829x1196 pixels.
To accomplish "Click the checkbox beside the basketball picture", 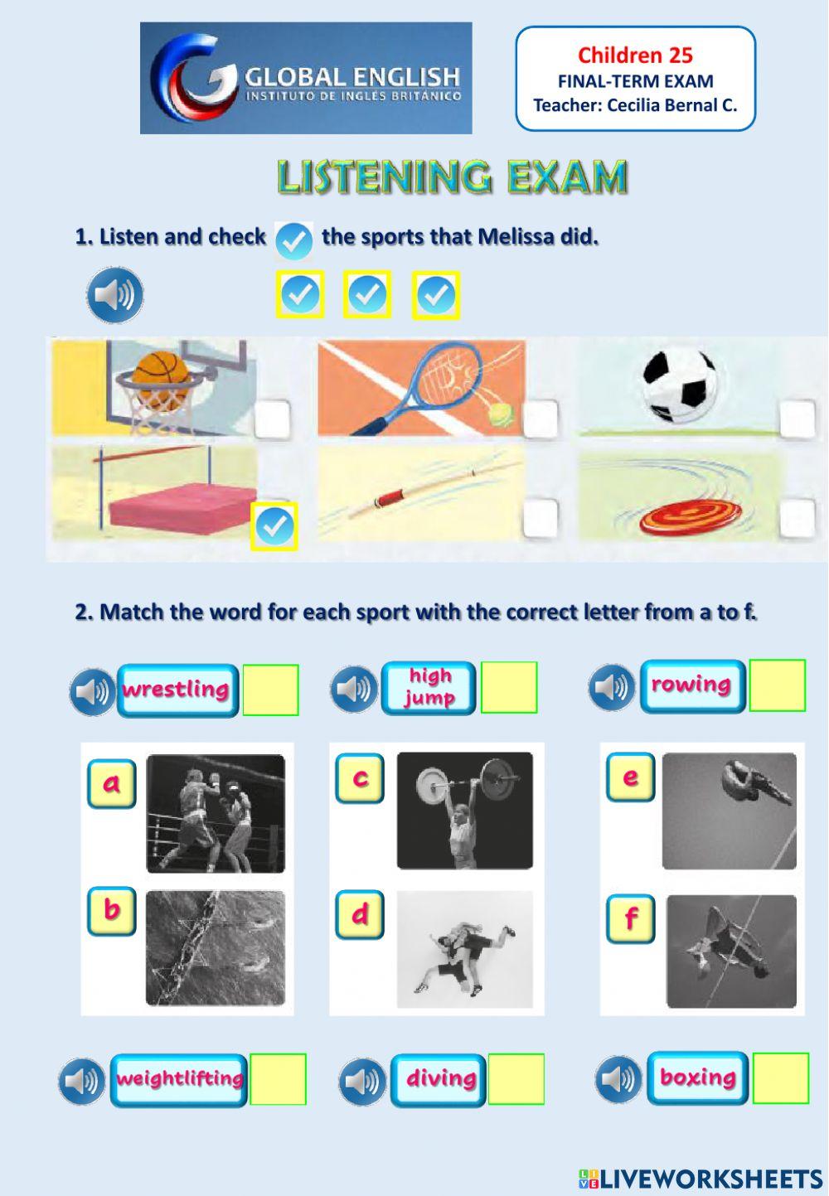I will [273, 419].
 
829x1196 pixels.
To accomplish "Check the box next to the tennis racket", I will [541, 419].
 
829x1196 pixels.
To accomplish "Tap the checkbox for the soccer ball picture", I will [797, 419].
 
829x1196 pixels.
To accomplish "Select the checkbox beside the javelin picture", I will [541, 519].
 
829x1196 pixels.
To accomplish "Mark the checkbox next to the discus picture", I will [797, 519].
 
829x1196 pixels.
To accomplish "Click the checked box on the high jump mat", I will [274, 525].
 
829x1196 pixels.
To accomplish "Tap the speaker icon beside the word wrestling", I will [92, 691].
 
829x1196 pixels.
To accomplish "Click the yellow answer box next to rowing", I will [777, 685].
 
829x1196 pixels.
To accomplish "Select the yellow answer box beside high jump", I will [509, 688].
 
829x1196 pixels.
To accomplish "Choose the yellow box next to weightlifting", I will [279, 1079].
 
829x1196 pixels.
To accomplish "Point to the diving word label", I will [439, 1080].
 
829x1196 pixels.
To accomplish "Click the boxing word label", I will [697, 1078].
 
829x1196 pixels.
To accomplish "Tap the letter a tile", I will [111, 783].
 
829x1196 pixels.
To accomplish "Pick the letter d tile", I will [360, 915].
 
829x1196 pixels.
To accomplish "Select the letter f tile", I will [631, 919].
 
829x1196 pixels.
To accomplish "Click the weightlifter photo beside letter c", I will [464, 811].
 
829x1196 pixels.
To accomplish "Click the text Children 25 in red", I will [635, 56].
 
